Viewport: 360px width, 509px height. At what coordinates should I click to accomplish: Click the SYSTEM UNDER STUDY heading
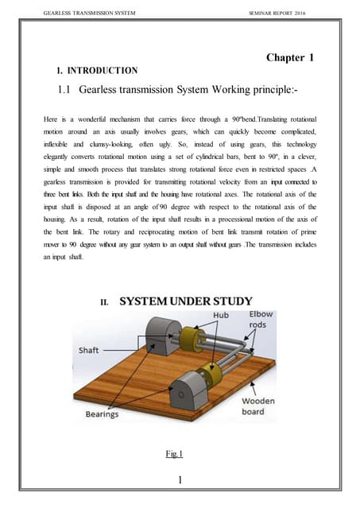[186, 301]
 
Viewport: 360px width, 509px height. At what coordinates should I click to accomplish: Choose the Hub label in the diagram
[222, 315]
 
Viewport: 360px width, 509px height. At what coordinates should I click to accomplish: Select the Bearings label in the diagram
[102, 414]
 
